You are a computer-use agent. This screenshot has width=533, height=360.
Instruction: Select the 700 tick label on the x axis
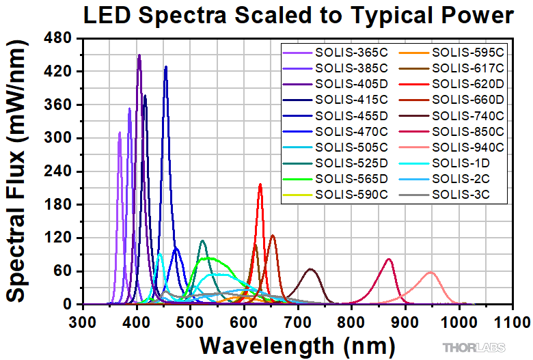tap(298, 320)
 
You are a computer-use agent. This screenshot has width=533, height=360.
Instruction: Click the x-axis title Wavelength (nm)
tap(297, 343)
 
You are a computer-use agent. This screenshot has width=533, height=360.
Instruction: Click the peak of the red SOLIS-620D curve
tap(260, 184)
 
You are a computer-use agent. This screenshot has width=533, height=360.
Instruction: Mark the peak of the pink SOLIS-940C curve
tap(430, 273)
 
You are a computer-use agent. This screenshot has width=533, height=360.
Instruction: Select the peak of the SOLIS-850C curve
tap(389, 259)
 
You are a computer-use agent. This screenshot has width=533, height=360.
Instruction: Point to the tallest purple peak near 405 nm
tap(139, 55)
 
